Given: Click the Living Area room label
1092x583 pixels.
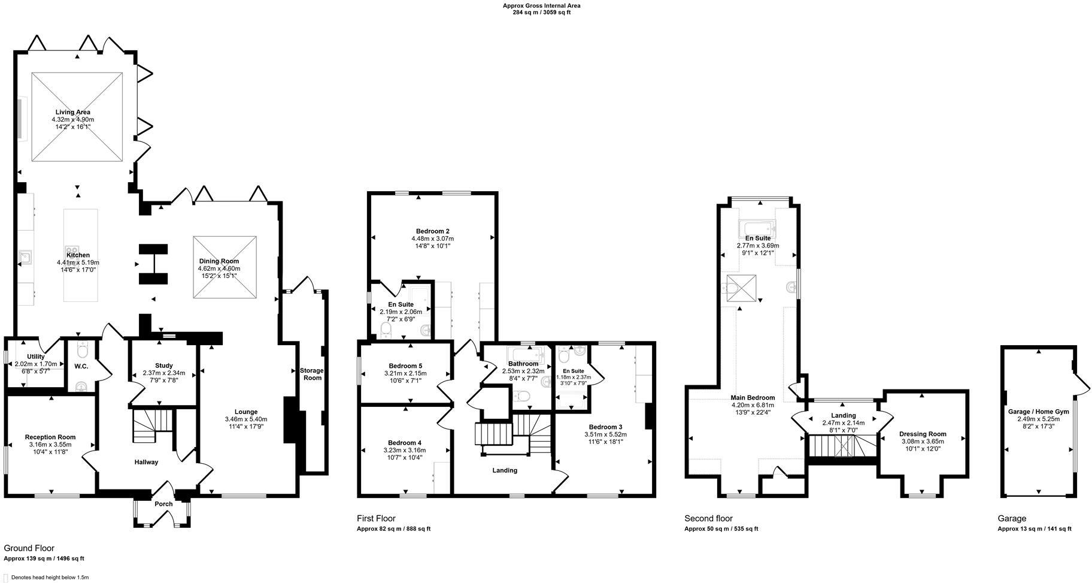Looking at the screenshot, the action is coord(73,112).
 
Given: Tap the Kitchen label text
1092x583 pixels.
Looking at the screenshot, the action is coord(78,255).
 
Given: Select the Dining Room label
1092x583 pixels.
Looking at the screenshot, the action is coord(219,261).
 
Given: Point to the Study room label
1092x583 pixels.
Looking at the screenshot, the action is coord(163,365).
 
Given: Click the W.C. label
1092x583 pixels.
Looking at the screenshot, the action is coord(81,366).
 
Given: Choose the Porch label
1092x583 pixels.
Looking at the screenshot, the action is coord(163,504).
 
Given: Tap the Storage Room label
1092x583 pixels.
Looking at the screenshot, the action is coord(312,374).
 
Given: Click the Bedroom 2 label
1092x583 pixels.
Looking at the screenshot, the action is coord(433,231).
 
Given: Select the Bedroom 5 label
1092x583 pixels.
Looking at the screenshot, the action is coord(405,366).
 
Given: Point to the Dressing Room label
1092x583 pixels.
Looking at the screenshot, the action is coord(923,434).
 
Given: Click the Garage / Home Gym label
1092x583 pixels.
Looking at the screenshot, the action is coord(1038,412).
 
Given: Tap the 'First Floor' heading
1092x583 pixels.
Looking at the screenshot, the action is coord(376,519).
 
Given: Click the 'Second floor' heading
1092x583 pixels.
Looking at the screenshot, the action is coord(708,519).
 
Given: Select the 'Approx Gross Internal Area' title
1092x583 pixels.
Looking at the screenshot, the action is coord(541,6).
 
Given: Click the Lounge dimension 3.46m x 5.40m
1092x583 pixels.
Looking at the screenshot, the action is coord(246,419).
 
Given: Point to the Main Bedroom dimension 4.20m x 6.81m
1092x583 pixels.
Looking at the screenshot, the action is coord(753,405).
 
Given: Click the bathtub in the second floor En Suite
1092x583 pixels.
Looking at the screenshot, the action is coord(757,228).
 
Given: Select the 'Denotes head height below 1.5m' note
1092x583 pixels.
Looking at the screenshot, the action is coord(45,578).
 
